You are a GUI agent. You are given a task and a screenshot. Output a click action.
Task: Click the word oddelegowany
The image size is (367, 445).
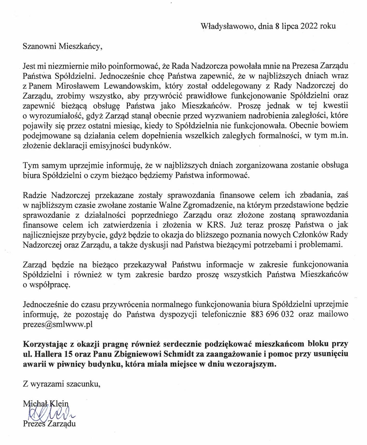(235, 86)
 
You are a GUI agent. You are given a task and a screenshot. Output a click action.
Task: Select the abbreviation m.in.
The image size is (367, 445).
(339, 136)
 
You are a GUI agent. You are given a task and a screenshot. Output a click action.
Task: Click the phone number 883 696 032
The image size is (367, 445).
(272, 314)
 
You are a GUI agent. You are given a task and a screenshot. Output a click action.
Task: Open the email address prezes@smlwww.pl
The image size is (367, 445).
(58, 324)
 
